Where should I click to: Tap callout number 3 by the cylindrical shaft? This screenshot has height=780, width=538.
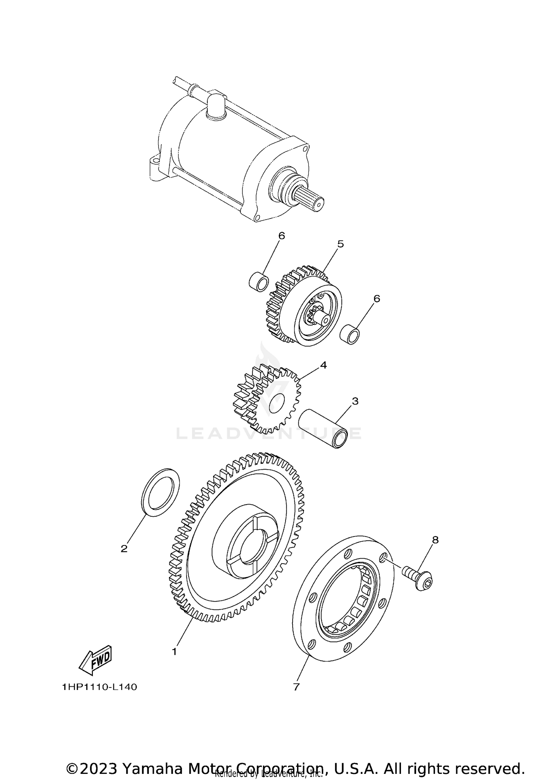click(355, 401)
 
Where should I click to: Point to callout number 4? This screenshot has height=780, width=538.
click(324, 365)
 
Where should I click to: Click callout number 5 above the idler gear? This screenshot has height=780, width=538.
click(340, 244)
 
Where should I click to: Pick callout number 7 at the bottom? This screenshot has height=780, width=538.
click(296, 687)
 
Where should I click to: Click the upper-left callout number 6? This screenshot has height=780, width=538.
click(282, 236)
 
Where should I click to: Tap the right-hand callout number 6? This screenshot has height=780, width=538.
click(377, 299)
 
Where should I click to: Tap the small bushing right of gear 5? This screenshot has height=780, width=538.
click(350, 334)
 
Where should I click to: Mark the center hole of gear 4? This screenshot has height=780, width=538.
click(276, 401)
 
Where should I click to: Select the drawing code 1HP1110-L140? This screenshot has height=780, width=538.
click(99, 687)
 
